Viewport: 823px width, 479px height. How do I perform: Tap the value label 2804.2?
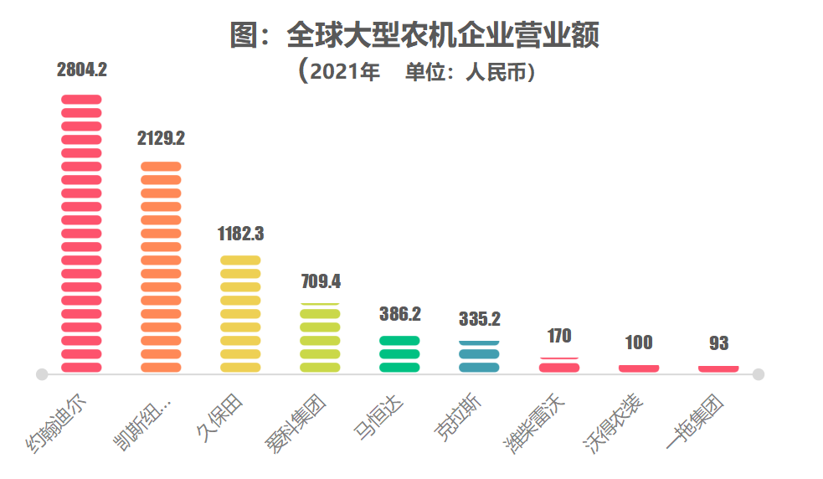(81, 70)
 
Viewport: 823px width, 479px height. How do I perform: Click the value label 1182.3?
(240, 233)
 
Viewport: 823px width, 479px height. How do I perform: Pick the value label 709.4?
(321, 281)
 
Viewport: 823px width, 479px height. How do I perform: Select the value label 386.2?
(399, 314)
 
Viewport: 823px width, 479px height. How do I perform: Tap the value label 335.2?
(480, 319)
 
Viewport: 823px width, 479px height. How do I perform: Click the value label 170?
(559, 336)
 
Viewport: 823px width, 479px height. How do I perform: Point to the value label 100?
(639, 343)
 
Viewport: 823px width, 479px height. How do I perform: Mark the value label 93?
(718, 343)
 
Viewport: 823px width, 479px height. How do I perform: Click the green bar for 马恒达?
(399, 354)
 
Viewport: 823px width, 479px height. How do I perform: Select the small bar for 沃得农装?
(639, 368)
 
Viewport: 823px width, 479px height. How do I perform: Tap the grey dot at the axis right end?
(759, 374)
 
